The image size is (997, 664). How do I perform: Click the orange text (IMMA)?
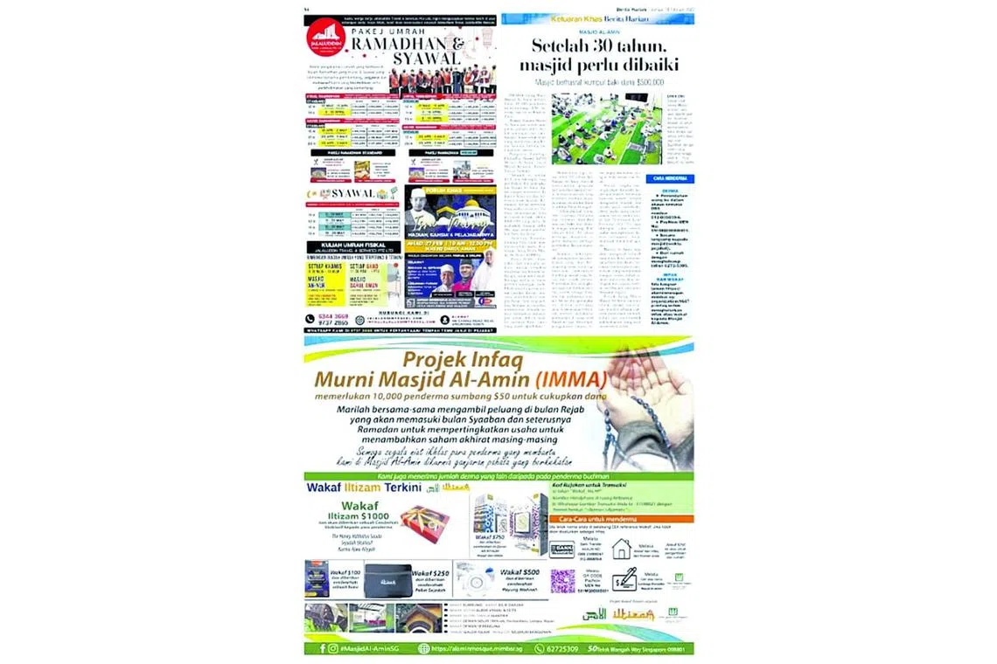tap(572, 381)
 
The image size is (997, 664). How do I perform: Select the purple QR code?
tap(562, 580)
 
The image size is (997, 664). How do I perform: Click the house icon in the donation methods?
tap(622, 548)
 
